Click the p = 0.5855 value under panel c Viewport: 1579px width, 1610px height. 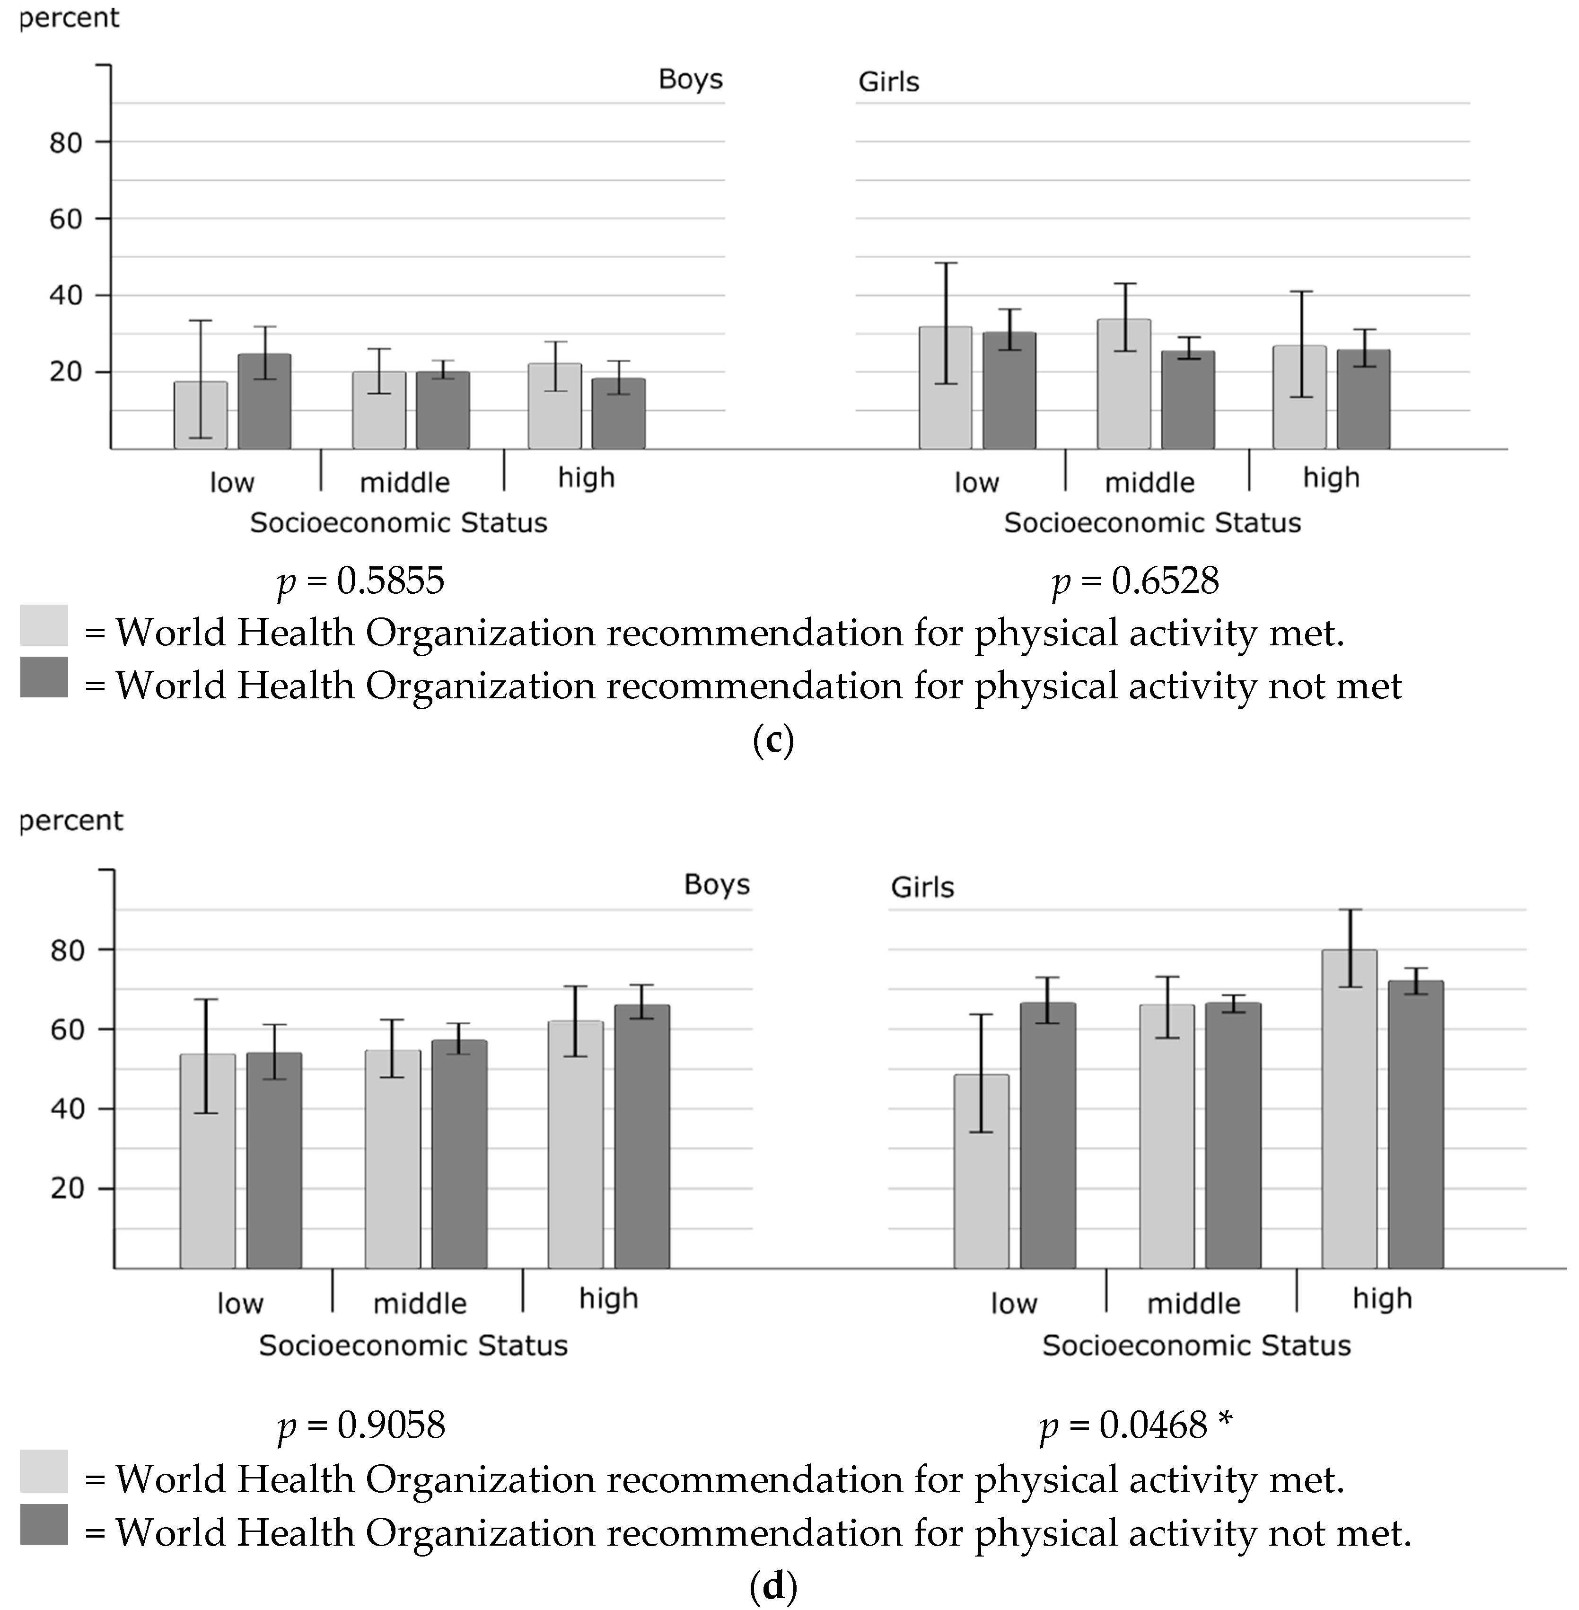(x=361, y=581)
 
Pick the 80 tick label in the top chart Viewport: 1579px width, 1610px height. (x=66, y=143)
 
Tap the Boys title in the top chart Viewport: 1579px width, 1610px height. (x=690, y=79)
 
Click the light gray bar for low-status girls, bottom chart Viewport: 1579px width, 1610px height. (x=981, y=1171)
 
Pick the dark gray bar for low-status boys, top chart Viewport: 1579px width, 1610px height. (x=264, y=402)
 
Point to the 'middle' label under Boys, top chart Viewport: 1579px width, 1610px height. (x=405, y=483)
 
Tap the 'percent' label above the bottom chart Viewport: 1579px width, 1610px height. (x=71, y=820)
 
